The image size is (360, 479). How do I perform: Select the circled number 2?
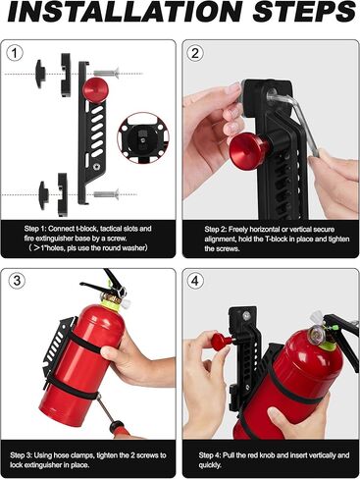pyautogui.click(x=195, y=53)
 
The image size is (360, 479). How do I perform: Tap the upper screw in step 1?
pyautogui.click(x=106, y=72)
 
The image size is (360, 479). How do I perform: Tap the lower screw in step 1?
pyautogui.click(x=105, y=193)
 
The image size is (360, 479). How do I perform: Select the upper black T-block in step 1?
pyautogui.click(x=48, y=73)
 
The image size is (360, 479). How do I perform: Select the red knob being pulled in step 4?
pyautogui.click(x=221, y=341)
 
